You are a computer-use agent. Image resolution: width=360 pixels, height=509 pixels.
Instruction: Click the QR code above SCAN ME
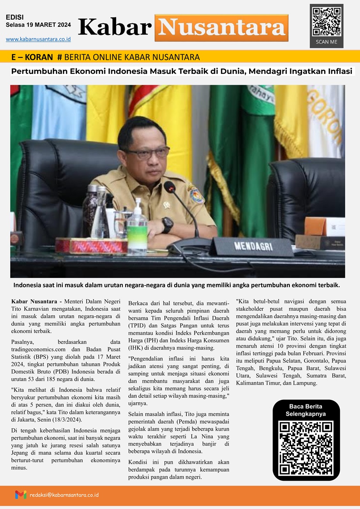coord(326,22)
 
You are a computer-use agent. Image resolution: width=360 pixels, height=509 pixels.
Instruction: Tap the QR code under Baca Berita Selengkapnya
coord(306,448)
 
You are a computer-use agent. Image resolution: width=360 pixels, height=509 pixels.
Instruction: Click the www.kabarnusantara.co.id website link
coord(38,39)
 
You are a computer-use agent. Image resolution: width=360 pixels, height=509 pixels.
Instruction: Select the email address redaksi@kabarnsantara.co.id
coord(64,495)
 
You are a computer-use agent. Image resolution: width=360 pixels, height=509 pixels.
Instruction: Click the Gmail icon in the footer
coord(21,495)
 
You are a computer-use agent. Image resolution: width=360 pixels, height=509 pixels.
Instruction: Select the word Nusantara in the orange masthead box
coord(221,28)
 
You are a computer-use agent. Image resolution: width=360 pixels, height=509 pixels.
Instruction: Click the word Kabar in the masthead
coord(115,28)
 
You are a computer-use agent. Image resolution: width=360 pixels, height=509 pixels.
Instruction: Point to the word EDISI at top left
coord(15,17)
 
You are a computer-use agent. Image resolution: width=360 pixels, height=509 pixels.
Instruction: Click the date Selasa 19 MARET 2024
coord(38,25)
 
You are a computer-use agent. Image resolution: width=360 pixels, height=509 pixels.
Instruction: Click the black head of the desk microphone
coord(169,187)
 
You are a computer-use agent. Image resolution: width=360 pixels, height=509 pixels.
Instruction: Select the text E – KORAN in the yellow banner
coord(32,57)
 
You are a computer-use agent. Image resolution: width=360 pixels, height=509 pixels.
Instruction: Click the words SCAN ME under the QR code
coord(326,42)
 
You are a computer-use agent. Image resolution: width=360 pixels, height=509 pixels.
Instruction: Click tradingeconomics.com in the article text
coord(37,349)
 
